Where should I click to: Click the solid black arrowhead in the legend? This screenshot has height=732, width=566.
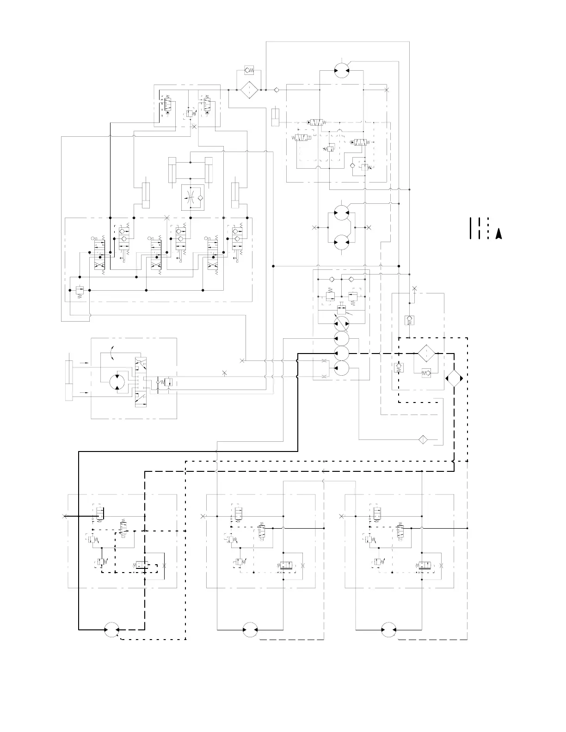tap(498, 234)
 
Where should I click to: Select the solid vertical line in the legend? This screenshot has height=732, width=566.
tap(471, 228)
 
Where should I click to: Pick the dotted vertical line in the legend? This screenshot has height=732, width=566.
tap(489, 228)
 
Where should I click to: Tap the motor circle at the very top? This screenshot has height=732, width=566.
tap(342, 70)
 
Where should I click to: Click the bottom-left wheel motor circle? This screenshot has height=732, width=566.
tap(111, 629)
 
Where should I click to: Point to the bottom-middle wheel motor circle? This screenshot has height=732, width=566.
tap(250, 629)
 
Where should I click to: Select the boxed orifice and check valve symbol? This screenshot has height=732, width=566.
tap(192, 197)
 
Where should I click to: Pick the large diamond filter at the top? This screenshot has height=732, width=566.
tap(249, 90)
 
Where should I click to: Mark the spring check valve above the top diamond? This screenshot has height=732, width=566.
tap(249, 70)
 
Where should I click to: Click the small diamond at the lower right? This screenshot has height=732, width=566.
tap(422, 439)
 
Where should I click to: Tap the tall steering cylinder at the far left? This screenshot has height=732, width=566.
tap(69, 379)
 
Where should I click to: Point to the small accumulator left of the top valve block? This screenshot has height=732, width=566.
tap(276, 117)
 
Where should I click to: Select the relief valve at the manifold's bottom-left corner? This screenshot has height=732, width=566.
tap(79, 291)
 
